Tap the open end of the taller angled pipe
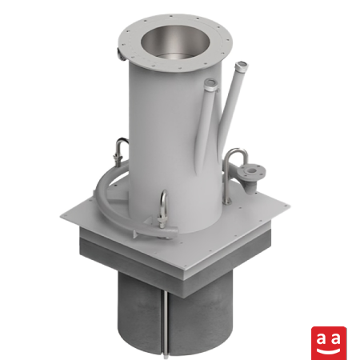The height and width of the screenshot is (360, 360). tap(242, 66)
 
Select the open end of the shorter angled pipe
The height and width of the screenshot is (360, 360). tap(211, 82)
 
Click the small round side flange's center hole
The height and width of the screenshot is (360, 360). tap(252, 170)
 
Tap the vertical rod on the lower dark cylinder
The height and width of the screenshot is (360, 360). tap(166, 323)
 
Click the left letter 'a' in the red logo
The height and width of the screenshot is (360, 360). tap(322, 339)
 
